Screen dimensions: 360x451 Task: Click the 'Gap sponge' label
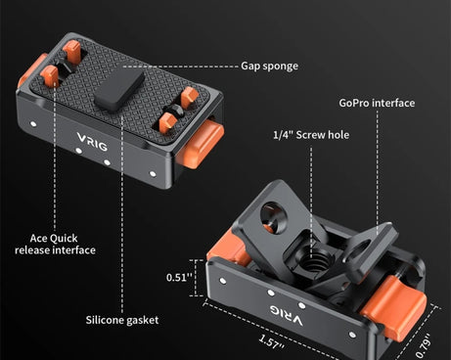pyautogui.click(x=269, y=67)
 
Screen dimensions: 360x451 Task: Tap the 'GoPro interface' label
pyautogui.click(x=377, y=103)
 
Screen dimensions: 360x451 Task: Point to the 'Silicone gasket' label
pyautogui.click(x=121, y=320)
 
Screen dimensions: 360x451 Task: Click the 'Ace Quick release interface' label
pyautogui.click(x=55, y=244)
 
